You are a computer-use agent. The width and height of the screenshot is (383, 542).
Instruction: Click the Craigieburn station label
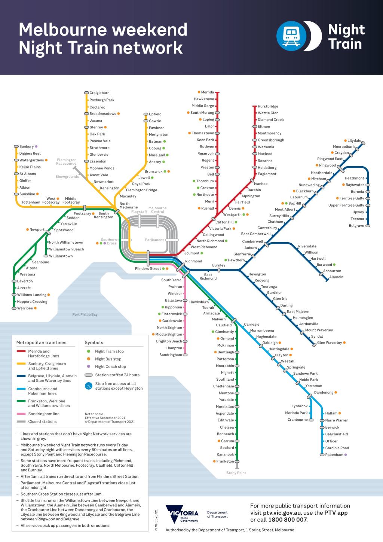[x=99, y=93]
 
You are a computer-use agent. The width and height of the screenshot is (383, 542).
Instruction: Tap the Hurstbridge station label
[x=268, y=106]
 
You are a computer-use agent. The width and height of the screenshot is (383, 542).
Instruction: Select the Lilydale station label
[x=355, y=141]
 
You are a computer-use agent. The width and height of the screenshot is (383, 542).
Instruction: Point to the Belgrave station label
[x=356, y=226]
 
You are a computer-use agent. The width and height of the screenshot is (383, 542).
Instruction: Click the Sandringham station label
[x=171, y=355]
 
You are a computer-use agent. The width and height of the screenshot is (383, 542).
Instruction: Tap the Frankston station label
[x=225, y=462]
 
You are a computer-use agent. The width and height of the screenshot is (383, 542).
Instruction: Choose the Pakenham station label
[x=334, y=455]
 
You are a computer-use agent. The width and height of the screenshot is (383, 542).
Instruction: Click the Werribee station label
[x=25, y=308]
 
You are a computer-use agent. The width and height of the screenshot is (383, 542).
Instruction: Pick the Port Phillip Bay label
[x=85, y=314]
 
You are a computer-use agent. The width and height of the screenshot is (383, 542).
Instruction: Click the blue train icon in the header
[x=291, y=36]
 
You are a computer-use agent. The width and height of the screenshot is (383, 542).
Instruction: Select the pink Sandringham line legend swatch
[x=21, y=414]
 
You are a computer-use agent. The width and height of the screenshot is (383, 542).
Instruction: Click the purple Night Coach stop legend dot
[x=89, y=366]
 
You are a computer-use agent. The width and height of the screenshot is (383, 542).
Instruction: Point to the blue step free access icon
[x=89, y=386]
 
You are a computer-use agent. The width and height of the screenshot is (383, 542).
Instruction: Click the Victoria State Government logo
[x=183, y=515]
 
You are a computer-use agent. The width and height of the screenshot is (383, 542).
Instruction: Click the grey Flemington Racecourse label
[x=67, y=162]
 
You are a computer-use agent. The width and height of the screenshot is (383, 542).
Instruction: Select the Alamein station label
[x=336, y=277]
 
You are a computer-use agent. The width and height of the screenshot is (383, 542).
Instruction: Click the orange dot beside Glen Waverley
[x=344, y=342]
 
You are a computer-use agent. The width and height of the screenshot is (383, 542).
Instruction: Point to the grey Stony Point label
[x=236, y=473]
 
